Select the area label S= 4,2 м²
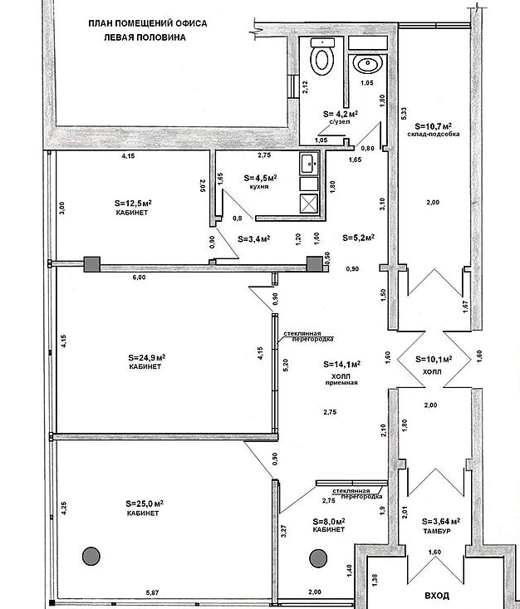(340, 113)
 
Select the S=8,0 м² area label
(329, 522)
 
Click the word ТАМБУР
(436, 530)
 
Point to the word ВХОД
(436, 595)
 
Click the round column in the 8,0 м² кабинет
(316, 557)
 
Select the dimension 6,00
(138, 277)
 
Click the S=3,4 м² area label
(253, 239)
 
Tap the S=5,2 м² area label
(358, 237)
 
